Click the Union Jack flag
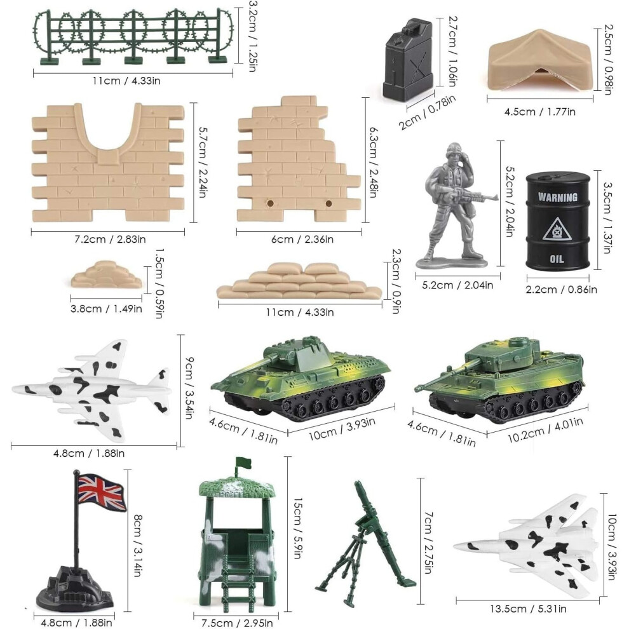(102, 492)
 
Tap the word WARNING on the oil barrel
(558, 197)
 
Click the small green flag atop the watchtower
(243, 463)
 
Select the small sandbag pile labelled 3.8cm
(107, 274)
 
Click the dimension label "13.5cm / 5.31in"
(528, 609)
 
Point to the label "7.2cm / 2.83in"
(111, 239)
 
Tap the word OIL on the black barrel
(557, 259)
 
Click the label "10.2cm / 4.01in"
(546, 429)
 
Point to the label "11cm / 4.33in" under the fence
(126, 81)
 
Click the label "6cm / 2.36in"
(302, 239)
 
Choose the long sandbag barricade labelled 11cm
(299, 281)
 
